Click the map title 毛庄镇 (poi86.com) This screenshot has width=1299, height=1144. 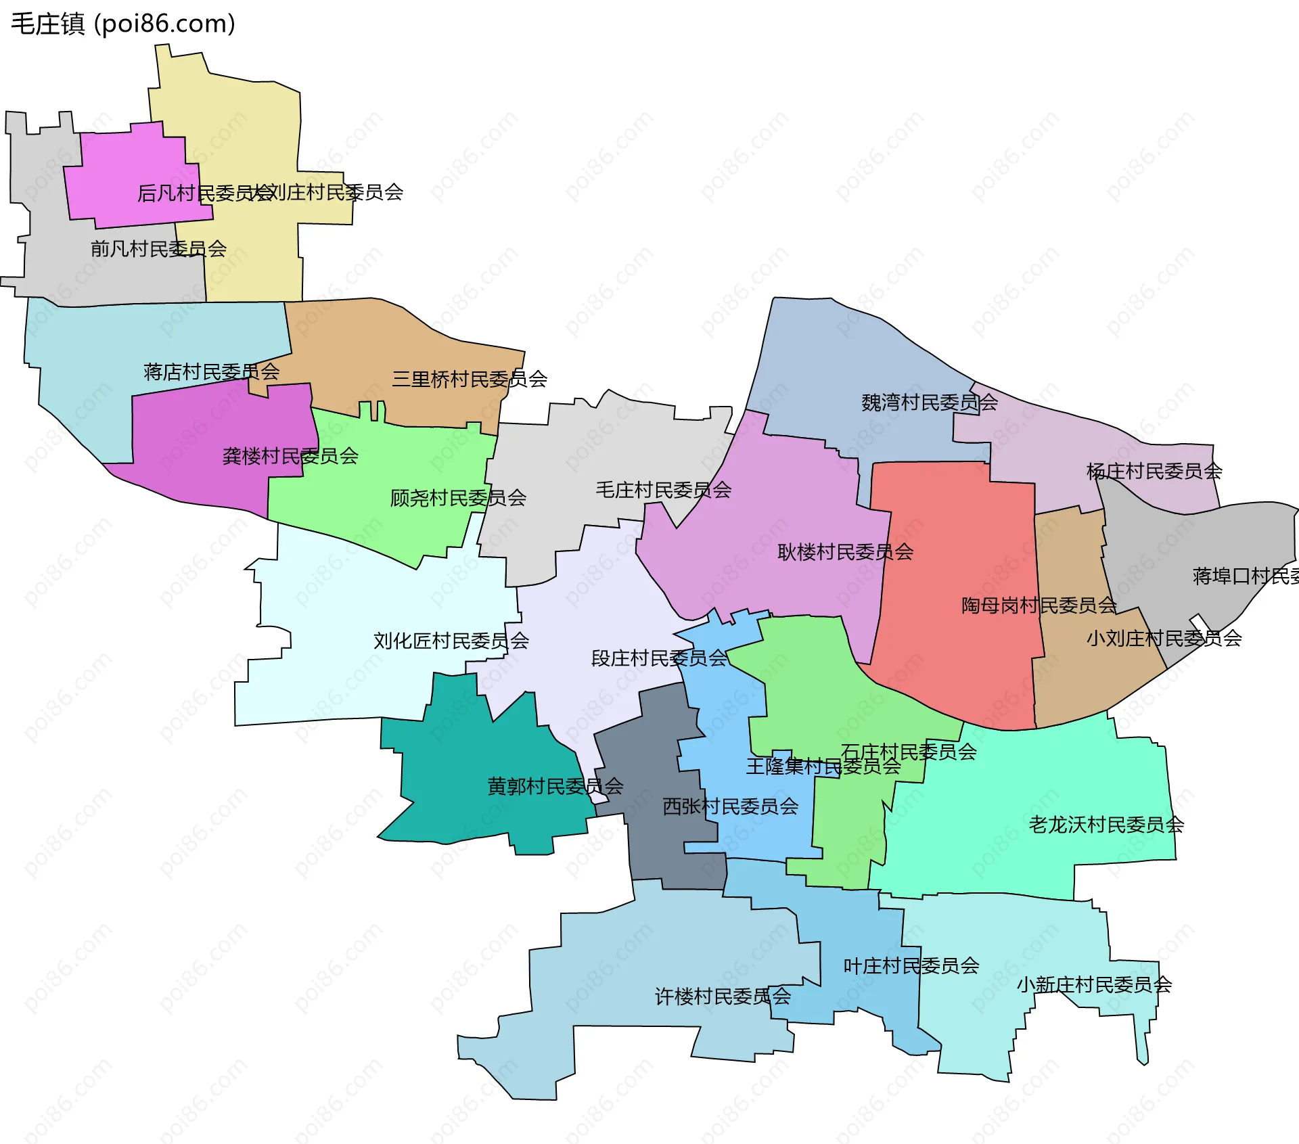(123, 24)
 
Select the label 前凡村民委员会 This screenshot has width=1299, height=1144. (158, 249)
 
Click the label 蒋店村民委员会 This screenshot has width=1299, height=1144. (211, 372)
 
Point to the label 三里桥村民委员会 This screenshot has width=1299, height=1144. (470, 380)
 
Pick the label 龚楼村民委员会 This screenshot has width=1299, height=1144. (290, 456)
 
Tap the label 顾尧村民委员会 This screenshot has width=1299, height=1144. (458, 499)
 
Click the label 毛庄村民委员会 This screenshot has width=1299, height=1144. (663, 490)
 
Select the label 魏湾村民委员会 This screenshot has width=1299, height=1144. (929, 403)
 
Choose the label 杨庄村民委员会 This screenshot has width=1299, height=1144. (1154, 472)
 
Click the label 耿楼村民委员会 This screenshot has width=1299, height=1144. (845, 553)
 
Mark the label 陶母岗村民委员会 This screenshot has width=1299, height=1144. (1039, 605)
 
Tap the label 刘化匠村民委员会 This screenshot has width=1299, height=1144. (451, 641)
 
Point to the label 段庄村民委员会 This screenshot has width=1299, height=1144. (659, 658)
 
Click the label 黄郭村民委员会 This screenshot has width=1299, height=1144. (555, 786)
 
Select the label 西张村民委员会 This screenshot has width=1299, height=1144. (730, 806)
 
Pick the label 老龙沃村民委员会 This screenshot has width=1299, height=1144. (1106, 825)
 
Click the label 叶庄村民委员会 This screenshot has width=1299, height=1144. (911, 966)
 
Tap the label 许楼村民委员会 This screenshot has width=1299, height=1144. (723, 997)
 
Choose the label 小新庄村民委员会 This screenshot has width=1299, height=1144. (1094, 985)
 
